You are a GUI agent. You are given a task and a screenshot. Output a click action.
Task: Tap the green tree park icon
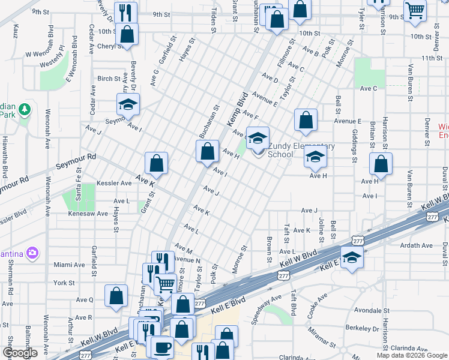pos(25,109)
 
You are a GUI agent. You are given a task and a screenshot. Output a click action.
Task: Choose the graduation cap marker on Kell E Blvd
pos(352,258)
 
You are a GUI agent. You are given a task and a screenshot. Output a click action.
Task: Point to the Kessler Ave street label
pos(113,183)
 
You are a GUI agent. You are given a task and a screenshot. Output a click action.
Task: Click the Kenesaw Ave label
pos(88,214)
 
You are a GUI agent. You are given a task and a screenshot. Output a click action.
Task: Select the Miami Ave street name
pos(69,265)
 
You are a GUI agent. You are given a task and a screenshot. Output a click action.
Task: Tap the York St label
pos(64,282)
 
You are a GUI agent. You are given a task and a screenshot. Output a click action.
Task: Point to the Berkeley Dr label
pos(362,329)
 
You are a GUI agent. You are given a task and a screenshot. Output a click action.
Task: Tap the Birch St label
pos(109,79)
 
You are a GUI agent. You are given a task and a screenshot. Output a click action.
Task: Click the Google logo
pos(20,353)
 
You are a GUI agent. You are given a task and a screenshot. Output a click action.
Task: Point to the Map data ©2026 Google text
pos(411,355)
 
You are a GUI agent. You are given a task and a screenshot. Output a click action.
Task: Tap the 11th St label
pos(431,58)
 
